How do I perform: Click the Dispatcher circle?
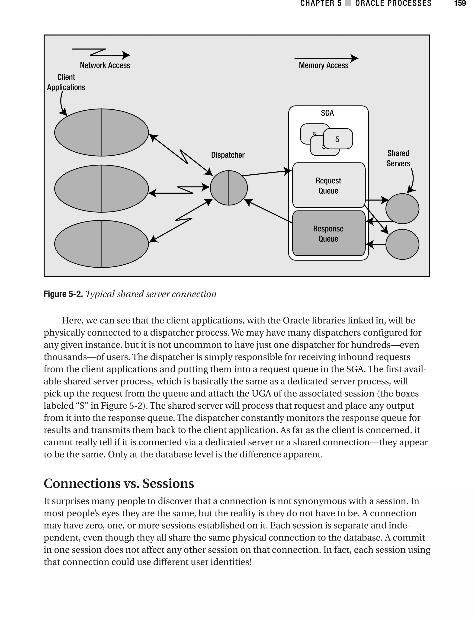[228, 188]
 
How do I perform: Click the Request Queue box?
[328, 186]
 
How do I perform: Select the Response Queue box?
[328, 234]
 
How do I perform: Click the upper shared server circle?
[402, 209]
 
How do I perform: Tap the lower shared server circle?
[402, 244]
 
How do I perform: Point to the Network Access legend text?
[105, 65]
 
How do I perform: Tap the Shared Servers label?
[398, 158]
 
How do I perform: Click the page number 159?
[459, 3]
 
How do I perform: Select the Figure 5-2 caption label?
[63, 294]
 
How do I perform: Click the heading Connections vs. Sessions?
[119, 483]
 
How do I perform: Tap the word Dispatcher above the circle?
[228, 155]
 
